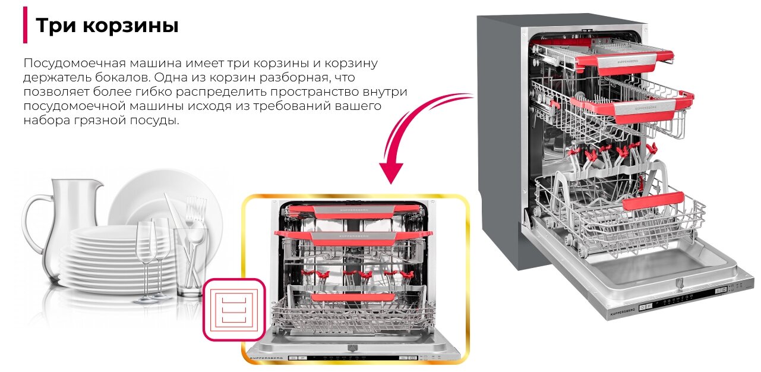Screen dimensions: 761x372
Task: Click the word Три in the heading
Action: (55, 26)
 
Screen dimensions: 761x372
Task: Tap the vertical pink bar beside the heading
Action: (25, 25)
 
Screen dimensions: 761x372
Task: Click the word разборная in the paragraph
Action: (294, 78)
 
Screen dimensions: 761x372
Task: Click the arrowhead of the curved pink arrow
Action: (391, 172)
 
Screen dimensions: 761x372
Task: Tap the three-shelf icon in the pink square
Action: (234, 310)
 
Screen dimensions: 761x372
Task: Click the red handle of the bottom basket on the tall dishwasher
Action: (653, 201)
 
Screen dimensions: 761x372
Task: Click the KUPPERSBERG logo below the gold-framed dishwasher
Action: (267, 358)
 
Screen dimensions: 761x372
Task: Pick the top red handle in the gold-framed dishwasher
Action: (354, 212)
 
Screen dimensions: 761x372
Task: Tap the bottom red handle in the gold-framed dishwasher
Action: (353, 298)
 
